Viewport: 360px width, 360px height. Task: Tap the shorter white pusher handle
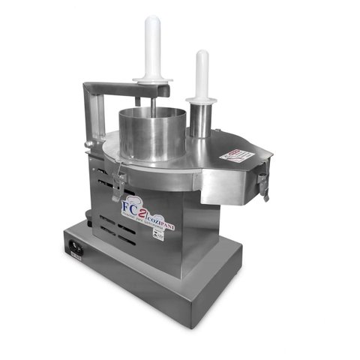coord(202,71)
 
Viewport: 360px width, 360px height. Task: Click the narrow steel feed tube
coord(202,120)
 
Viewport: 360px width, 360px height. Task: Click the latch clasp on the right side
coord(263,181)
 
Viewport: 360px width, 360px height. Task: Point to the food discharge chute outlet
coord(225,187)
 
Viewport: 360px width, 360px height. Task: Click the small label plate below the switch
coord(74,256)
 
